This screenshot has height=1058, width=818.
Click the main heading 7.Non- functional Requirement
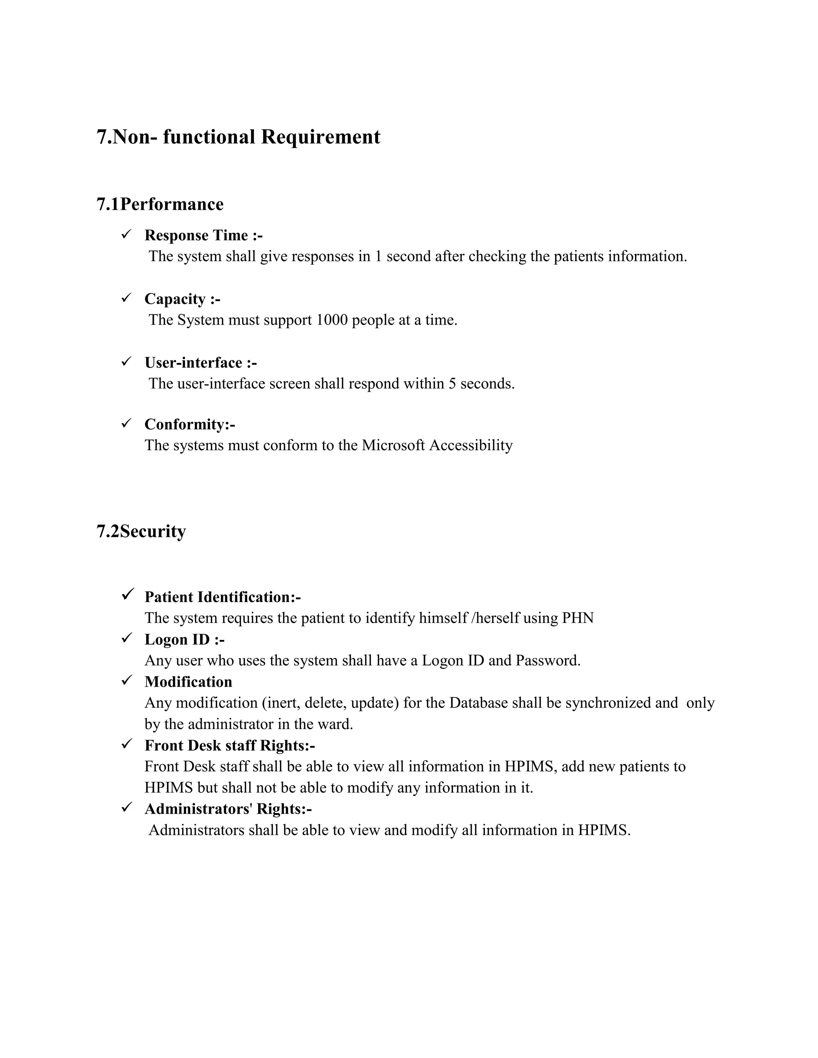coord(238,137)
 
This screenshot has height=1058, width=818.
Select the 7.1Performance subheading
coord(160,204)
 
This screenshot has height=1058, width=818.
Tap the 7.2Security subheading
coord(141,531)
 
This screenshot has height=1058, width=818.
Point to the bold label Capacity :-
coord(182,299)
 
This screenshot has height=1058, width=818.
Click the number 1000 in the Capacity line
coord(332,320)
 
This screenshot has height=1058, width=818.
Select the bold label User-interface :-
coord(201,363)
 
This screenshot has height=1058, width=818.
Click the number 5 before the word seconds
coord(452,384)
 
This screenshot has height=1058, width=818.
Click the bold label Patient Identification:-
coord(222,597)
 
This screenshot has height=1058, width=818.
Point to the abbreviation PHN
coord(578,618)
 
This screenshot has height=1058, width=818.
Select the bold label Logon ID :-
coord(184,640)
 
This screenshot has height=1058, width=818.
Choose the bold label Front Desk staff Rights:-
coord(230,745)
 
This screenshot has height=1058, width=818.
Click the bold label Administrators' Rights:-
coord(228,809)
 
